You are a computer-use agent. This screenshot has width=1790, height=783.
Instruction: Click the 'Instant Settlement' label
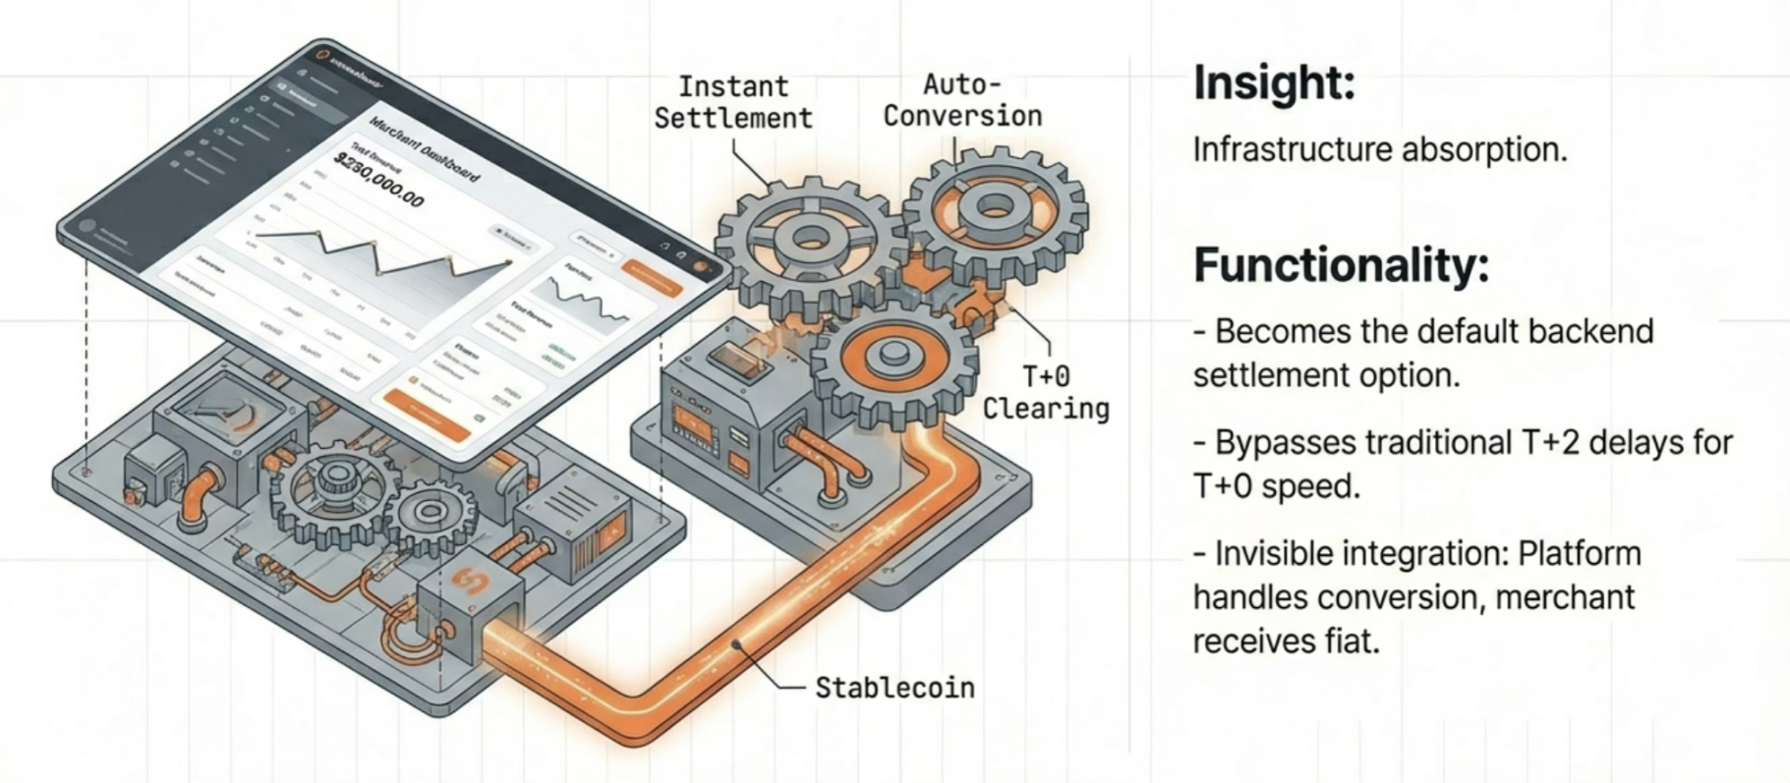coord(733,102)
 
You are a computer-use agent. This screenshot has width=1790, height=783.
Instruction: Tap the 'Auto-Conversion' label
coord(961,99)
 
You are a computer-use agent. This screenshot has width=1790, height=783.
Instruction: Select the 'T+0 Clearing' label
coord(1046,392)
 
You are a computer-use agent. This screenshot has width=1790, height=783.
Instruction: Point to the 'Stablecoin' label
coord(895,688)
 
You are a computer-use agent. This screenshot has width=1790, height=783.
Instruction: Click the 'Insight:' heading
coord(1274,83)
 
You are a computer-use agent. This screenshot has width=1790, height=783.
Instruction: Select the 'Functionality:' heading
coord(1341,265)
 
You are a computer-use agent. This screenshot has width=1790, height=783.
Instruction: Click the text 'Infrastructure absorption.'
coord(1379,150)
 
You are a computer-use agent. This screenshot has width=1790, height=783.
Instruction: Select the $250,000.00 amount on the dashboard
coord(379,182)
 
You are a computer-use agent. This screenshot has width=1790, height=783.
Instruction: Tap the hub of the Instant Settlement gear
coord(810,238)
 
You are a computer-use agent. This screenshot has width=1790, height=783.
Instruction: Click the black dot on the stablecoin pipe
coord(736,645)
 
